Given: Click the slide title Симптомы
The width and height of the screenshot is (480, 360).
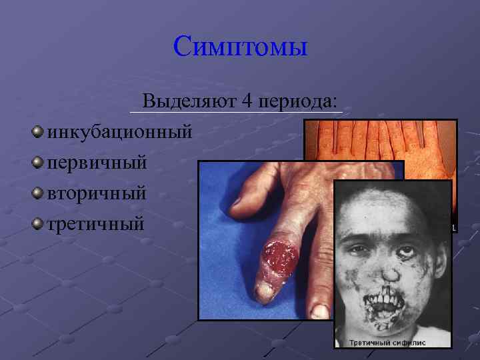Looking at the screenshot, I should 240,46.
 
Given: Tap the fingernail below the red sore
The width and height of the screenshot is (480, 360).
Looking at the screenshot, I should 267,292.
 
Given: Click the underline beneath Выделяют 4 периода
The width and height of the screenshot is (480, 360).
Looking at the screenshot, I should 237,113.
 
